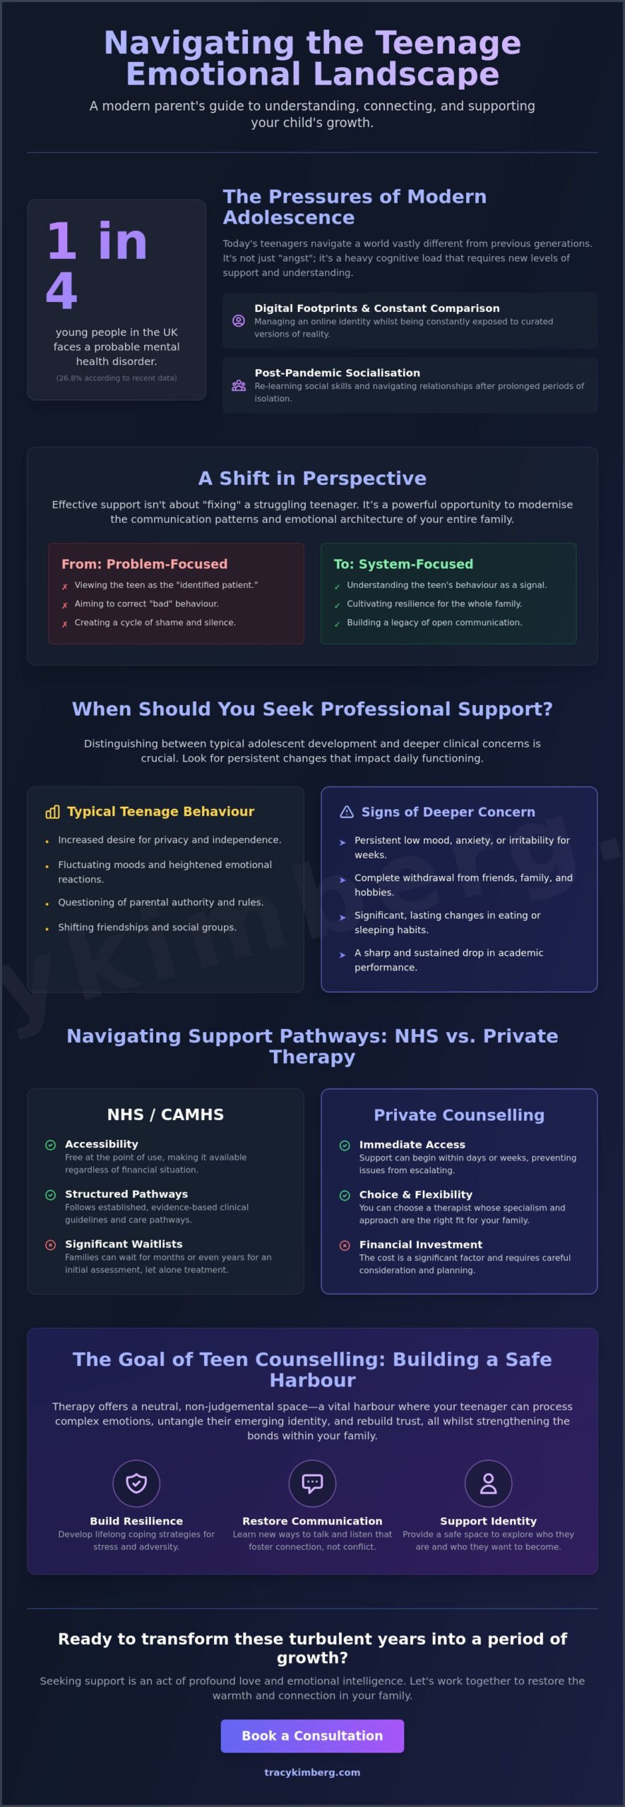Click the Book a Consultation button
[x=312, y=1736]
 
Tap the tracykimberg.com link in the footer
[x=312, y=1772]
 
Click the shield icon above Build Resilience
[x=136, y=1483]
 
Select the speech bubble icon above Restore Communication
[x=312, y=1483]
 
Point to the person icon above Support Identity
[x=488, y=1483]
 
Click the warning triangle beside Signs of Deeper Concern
[x=347, y=812]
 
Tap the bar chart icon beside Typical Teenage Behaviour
[x=52, y=812]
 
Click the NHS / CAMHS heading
[x=165, y=1115]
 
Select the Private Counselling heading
[x=459, y=1115]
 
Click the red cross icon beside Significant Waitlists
[x=50, y=1244]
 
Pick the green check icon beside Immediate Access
[x=345, y=1145]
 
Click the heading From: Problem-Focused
[x=144, y=564]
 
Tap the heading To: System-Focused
[x=403, y=564]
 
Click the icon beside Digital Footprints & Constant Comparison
[x=239, y=320]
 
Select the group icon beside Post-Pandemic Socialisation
[x=239, y=385]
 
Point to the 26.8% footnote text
[x=117, y=378]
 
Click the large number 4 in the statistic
[x=61, y=290]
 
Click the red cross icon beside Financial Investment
[x=345, y=1245]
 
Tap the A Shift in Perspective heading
[x=312, y=478]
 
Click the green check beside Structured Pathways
[x=50, y=1194]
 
